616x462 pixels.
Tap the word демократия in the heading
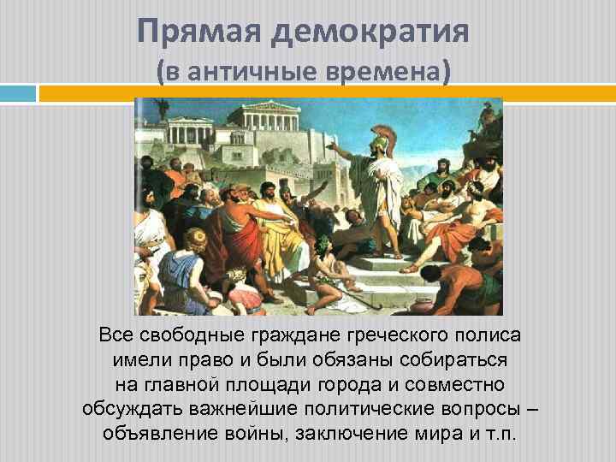tap(370, 33)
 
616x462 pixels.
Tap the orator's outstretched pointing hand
tap(335, 146)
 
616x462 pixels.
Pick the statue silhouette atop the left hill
tap(161, 110)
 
